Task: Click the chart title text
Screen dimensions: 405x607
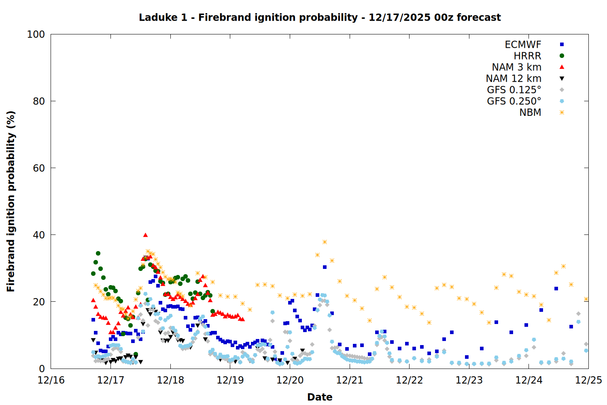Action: tap(320, 17)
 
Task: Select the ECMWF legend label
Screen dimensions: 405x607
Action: tap(523, 45)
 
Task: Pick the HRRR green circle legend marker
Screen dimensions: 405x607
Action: tap(562, 56)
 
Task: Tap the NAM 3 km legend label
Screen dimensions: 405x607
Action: tap(516, 67)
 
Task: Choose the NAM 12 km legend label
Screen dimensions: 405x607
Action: tap(514, 79)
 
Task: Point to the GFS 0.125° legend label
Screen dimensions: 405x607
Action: tap(514, 90)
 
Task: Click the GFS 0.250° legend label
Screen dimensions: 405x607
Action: tap(514, 101)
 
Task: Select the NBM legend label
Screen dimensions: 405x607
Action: tap(530, 113)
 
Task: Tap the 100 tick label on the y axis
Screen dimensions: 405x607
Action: tap(36, 34)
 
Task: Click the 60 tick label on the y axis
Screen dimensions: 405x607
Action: tap(39, 168)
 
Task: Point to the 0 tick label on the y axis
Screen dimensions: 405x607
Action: tap(42, 369)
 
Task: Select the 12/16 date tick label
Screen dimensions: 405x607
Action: tap(51, 380)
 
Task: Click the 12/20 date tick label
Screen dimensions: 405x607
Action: tap(290, 380)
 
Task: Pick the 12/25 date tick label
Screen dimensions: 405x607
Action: tap(588, 380)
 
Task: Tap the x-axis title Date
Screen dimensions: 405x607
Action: tap(320, 397)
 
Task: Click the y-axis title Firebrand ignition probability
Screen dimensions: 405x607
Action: tap(11, 201)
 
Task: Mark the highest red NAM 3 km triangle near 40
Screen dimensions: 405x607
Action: tap(145, 235)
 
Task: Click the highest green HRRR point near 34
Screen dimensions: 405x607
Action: tap(98, 254)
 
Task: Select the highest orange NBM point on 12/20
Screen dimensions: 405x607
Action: tap(325, 242)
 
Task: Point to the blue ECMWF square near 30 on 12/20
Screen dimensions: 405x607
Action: tap(325, 267)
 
